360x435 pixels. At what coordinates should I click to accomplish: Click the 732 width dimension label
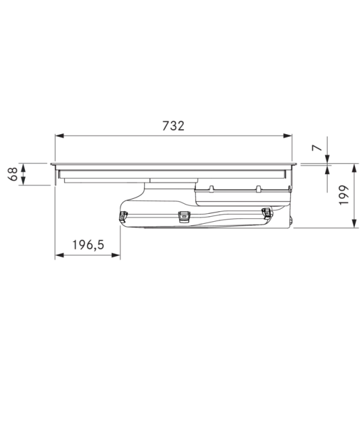[173, 126]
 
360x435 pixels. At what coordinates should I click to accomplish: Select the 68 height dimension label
[13, 174]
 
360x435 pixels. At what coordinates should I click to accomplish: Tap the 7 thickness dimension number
[317, 148]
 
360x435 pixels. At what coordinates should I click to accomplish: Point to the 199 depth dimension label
[344, 195]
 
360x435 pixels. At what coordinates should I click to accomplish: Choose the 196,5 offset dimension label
[88, 245]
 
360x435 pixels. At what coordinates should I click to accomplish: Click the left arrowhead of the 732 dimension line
[60, 135]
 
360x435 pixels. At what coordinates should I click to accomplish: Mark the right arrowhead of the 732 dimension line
[287, 135]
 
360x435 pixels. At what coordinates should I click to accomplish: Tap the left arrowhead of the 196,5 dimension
[60, 255]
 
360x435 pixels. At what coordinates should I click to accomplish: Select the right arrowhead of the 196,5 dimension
[116, 255]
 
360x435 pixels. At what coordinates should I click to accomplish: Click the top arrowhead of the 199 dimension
[354, 168]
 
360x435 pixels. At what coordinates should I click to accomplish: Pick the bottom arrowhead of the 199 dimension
[354, 223]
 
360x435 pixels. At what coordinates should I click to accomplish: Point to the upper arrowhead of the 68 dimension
[23, 168]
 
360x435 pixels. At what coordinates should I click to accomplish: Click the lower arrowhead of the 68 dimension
[23, 181]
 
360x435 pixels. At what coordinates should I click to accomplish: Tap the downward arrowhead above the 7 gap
[328, 159]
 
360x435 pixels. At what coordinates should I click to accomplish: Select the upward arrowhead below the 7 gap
[328, 170]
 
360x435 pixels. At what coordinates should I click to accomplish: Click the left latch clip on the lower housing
[123, 216]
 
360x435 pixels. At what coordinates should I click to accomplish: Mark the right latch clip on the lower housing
[266, 213]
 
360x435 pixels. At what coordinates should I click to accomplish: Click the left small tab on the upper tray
[211, 189]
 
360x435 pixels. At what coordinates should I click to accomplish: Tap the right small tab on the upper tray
[259, 189]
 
